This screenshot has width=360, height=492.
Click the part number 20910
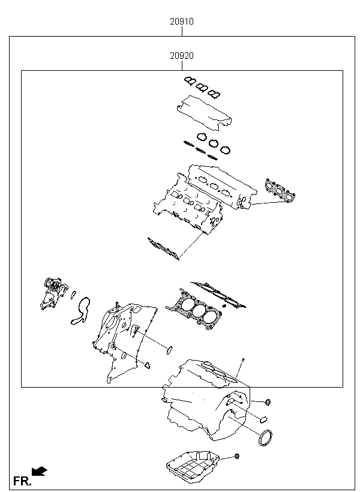pyautogui.click(x=181, y=22)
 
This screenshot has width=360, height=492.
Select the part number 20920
pyautogui.click(x=181, y=56)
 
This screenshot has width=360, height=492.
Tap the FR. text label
pyautogui.click(x=22, y=481)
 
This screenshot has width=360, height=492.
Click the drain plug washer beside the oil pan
pyautogui.click(x=238, y=457)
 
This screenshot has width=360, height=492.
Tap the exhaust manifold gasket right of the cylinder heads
pyautogui.click(x=281, y=190)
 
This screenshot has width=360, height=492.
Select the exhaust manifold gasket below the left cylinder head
pyautogui.click(x=163, y=248)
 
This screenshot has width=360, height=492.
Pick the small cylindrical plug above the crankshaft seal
pyautogui.click(x=263, y=418)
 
